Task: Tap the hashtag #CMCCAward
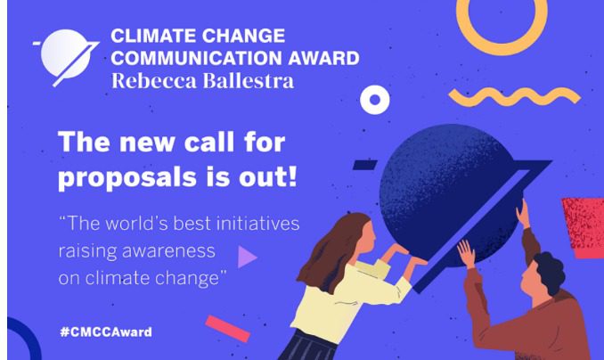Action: tap(106, 331)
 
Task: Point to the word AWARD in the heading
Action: tap(324, 58)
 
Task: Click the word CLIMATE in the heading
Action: tap(154, 36)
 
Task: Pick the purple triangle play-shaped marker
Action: tap(248, 257)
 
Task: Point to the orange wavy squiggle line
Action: tap(515, 96)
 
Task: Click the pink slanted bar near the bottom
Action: tap(228, 329)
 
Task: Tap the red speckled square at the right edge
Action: tap(584, 227)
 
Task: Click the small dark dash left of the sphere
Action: tap(365, 165)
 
